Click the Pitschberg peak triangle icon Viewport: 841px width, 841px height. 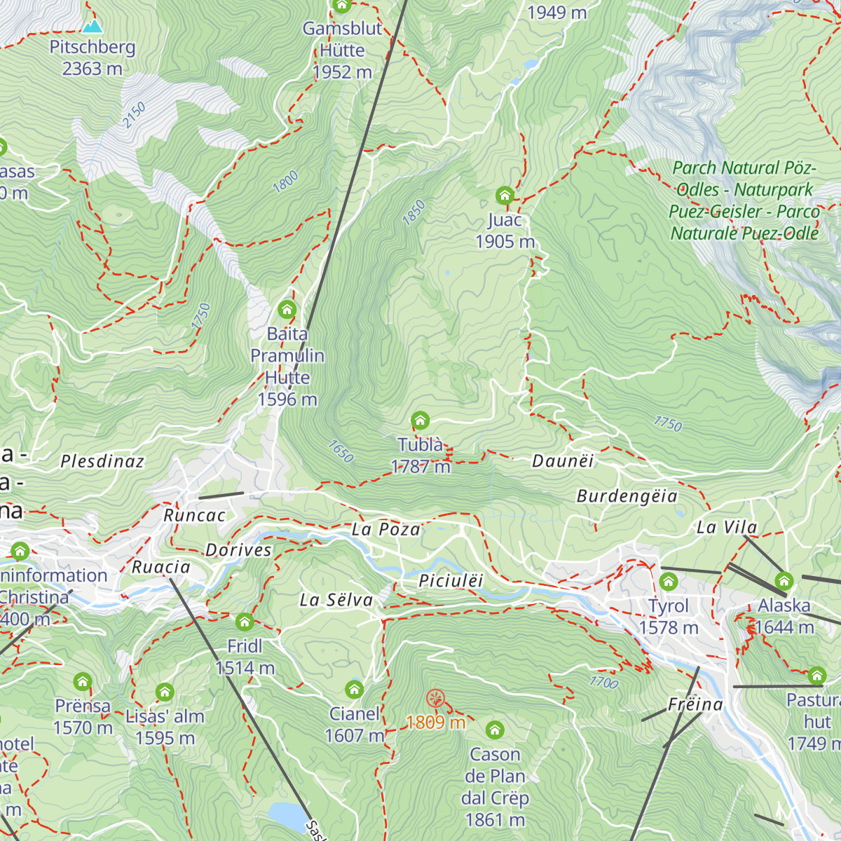tap(92, 27)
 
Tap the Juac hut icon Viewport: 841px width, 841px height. tap(505, 196)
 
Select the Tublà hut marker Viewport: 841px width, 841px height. tap(420, 420)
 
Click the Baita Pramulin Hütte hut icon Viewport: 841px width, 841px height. tap(287, 310)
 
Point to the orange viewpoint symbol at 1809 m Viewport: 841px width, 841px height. tap(435, 698)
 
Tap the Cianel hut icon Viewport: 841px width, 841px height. tap(355, 690)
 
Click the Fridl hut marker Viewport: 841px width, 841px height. tap(245, 622)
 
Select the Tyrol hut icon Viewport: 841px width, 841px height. tap(669, 582)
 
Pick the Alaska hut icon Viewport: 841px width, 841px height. tap(784, 581)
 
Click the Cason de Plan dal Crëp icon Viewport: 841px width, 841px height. tap(495, 730)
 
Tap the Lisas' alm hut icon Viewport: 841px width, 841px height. tap(165, 692)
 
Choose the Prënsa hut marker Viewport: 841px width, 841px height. tap(83, 682)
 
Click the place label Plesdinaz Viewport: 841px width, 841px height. tap(102, 461)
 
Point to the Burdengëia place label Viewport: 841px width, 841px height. tap(627, 496)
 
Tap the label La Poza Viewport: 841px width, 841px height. tap(386, 529)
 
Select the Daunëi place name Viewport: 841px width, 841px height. tap(563, 460)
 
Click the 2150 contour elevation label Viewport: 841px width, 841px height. tap(135, 115)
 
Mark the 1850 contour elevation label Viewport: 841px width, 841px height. tap(413, 212)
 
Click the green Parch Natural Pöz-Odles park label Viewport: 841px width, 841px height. tap(744, 200)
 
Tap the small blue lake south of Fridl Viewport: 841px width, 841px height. tap(286, 815)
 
